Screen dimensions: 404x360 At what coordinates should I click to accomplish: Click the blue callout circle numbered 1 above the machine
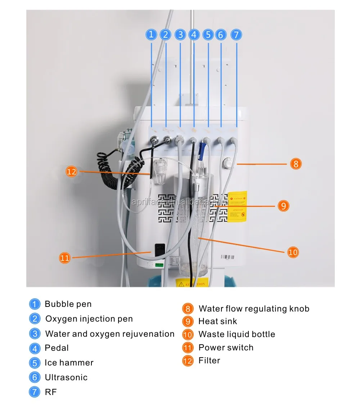tap(151, 35)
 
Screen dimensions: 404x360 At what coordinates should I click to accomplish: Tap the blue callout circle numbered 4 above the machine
tap(194, 35)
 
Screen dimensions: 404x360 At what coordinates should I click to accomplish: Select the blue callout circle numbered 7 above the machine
tap(236, 35)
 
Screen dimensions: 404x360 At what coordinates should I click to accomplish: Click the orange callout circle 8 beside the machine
tap(296, 164)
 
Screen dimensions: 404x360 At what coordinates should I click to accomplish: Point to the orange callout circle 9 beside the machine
tap(283, 206)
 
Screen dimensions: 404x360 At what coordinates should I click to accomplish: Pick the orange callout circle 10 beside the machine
tap(293, 252)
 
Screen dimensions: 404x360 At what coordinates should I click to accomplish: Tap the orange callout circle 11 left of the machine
tap(65, 258)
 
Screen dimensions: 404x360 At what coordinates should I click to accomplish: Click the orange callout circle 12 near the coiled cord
tap(72, 172)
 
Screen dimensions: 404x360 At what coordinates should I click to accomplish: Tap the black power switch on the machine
tap(159, 251)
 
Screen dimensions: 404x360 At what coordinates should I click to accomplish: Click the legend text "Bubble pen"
tap(68, 304)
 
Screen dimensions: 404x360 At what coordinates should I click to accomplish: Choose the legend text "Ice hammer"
tap(69, 363)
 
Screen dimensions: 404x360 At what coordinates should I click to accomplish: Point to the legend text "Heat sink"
tap(217, 321)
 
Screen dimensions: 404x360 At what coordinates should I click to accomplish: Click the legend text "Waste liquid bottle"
tap(237, 334)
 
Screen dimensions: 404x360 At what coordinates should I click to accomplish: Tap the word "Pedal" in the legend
tap(57, 348)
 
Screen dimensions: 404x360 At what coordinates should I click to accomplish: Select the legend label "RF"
tap(51, 392)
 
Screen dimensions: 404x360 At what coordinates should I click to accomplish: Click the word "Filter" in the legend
tap(209, 360)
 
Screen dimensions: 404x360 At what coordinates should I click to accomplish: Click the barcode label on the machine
tap(227, 257)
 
